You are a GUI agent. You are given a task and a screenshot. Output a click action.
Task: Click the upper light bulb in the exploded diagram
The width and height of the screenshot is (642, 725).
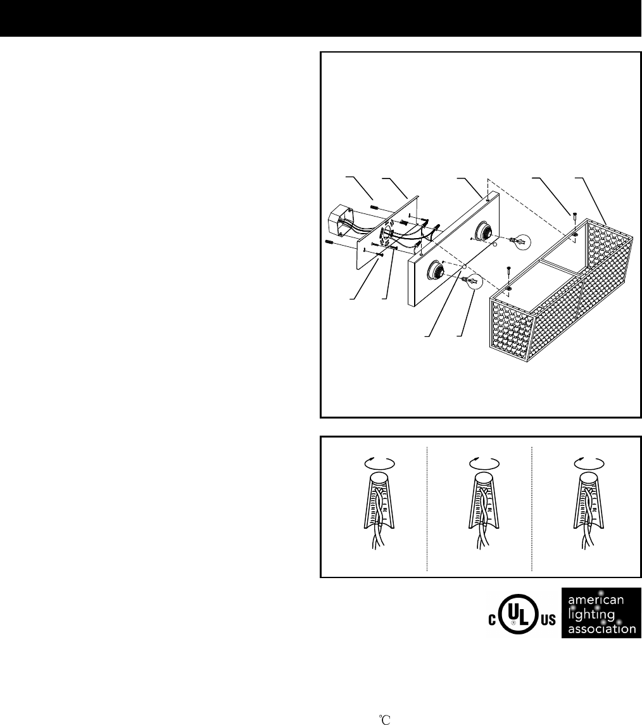point(520,241)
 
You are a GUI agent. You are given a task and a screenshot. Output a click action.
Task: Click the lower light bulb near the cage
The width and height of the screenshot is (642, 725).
point(472,281)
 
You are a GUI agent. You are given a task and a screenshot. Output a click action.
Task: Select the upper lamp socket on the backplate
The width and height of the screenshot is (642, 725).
point(483,229)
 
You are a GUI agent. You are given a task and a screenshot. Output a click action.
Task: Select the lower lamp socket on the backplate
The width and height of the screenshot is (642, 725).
point(436,270)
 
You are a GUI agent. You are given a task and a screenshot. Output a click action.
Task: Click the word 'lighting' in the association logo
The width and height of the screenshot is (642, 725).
point(591,615)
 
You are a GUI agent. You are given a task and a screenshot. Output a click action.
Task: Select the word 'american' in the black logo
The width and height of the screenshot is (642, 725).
point(596,600)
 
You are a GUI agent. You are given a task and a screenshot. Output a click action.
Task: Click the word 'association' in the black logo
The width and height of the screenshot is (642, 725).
point(601,629)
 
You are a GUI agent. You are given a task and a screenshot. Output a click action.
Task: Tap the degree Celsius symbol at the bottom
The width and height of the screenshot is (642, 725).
point(386,720)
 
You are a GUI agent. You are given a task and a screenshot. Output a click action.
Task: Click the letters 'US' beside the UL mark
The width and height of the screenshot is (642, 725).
point(548,620)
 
